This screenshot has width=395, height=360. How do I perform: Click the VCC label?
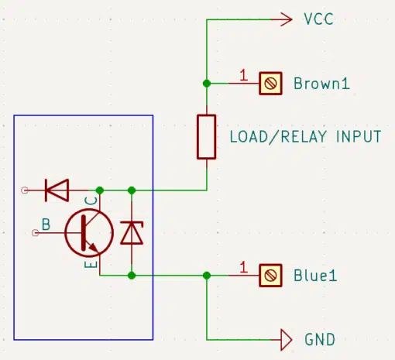point(318,19)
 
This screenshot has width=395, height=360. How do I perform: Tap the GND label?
point(320,339)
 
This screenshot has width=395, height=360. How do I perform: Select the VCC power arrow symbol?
point(282,19)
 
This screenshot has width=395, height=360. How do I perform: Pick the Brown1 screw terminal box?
point(270,84)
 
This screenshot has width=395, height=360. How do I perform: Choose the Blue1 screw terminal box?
point(270,276)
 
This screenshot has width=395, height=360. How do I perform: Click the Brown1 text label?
point(321,84)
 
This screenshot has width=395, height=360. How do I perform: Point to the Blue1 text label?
point(315,276)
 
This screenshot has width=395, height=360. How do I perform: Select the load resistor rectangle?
point(207,137)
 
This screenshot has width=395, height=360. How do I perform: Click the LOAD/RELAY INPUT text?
point(305,137)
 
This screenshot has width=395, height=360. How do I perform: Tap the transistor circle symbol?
point(89,233)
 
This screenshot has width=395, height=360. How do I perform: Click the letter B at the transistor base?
point(46,225)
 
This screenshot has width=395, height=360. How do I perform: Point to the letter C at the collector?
point(92,201)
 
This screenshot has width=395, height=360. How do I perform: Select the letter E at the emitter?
point(91,264)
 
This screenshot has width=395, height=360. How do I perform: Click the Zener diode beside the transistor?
point(132,233)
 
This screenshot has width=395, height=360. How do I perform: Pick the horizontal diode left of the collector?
point(57,190)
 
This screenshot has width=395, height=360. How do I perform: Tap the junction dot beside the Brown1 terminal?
point(207,84)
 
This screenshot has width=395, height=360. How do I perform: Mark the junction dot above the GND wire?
point(207,276)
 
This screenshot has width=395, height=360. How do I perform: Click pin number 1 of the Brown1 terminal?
point(243,75)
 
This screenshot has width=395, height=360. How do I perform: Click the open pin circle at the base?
point(36,233)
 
